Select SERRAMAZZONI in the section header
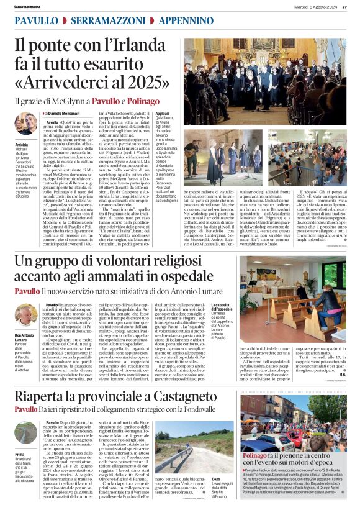point(103,20)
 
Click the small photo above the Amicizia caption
point(25,124)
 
